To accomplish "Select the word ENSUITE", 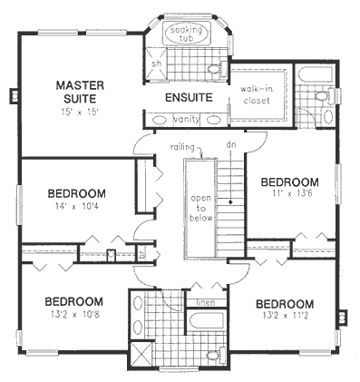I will coord(189,98).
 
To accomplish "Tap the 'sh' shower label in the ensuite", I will coord(156,64).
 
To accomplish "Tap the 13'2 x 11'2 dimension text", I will coord(284,318).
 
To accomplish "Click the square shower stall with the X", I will coord(140,354).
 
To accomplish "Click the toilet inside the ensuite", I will coord(215,69).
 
